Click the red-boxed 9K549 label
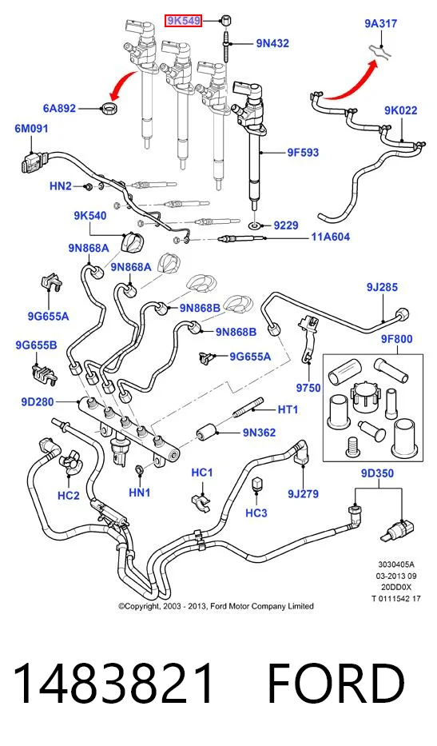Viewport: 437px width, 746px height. click(184, 21)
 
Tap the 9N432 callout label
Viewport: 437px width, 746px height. click(272, 43)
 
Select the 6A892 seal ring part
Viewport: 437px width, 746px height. click(110, 107)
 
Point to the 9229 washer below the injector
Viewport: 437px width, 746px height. click(256, 225)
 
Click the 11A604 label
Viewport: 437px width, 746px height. click(331, 237)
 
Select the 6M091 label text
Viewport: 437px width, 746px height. click(31, 129)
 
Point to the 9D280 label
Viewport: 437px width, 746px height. click(38, 402)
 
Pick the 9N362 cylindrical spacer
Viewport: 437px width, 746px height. click(207, 433)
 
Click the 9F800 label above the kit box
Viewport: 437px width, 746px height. click(396, 339)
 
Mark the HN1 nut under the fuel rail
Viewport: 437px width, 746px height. click(140, 470)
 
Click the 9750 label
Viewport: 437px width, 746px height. click(308, 388)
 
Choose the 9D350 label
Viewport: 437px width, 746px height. click(377, 473)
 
